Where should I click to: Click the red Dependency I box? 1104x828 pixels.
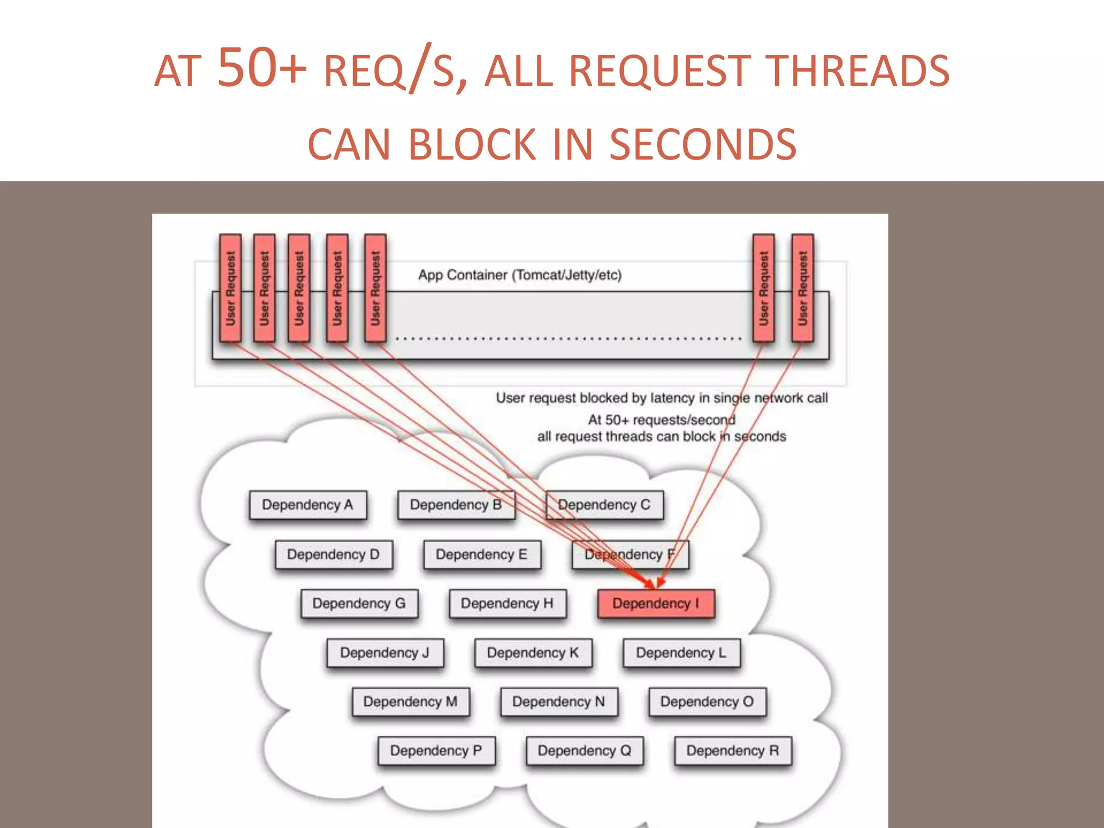pos(656,603)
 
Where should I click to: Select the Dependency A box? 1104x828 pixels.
pos(308,505)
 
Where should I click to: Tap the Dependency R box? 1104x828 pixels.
pos(733,750)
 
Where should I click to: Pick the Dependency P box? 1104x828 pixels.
pos(436,750)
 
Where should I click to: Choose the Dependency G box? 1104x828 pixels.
pos(359,603)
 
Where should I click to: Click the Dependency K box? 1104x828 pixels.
pos(533,652)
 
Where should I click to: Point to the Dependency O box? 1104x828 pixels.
pos(707,701)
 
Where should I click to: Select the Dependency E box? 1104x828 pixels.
pos(482,554)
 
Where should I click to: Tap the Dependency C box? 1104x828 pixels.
pos(604,505)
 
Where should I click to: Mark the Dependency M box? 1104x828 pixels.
pos(411,701)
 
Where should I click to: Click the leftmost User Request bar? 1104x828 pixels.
pos(230,288)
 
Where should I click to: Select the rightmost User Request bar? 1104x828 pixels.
pos(802,288)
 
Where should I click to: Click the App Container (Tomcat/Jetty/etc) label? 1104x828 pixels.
pos(520,275)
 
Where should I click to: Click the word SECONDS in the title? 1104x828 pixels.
pos(702,144)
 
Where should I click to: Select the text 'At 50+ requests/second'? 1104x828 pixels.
pos(661,419)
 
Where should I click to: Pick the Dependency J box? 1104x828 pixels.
pos(385,652)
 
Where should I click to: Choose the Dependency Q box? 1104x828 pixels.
pos(585,750)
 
